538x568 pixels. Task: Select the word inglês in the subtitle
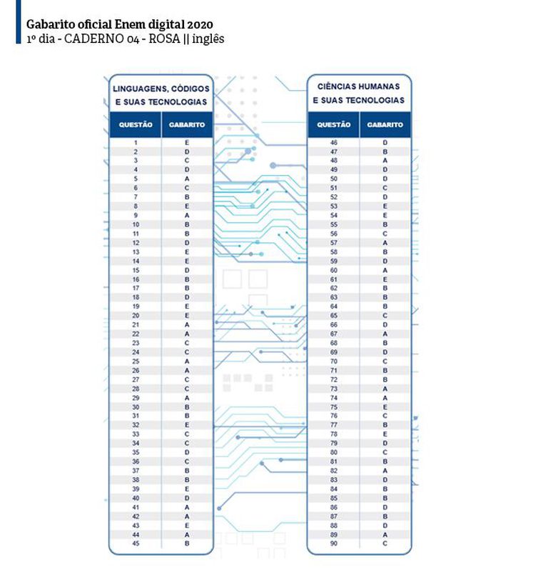[208, 39]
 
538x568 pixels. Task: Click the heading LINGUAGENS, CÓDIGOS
[161, 88]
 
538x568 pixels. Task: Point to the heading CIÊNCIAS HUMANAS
[359, 86]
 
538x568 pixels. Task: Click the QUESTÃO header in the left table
[136, 124]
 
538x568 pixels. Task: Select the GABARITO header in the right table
[385, 124]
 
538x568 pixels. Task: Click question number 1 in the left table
[136, 142]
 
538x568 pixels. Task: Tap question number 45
[136, 544]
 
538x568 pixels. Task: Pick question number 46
[333, 142]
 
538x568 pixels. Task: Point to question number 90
[333, 544]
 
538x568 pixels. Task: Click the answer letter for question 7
[186, 196]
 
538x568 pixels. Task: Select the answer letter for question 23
[186, 343]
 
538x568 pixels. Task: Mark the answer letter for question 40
[186, 498]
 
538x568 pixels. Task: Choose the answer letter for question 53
[385, 206]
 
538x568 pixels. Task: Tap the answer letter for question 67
[385, 334]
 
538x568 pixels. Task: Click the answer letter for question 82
[385, 471]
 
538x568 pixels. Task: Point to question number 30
[136, 407]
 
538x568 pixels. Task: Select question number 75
[333, 407]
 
